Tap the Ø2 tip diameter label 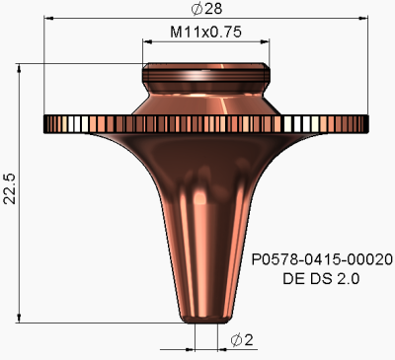[x=241, y=340]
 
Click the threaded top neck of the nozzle [x=205, y=75]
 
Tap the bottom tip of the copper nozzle [x=205, y=319]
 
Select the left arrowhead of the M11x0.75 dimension [x=147, y=42]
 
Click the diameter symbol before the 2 [x=235, y=340]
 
